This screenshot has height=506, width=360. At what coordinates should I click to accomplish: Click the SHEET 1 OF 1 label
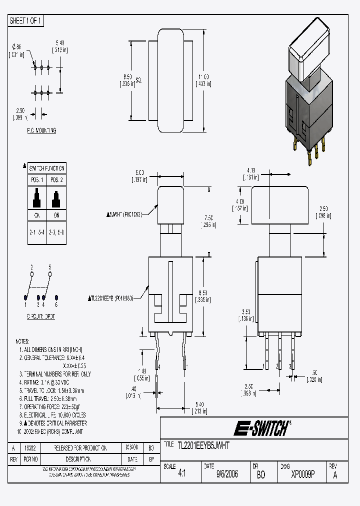(x=26, y=21)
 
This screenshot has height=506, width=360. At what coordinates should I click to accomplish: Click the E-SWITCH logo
(x=260, y=428)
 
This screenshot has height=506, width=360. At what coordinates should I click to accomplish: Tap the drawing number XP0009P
(x=302, y=474)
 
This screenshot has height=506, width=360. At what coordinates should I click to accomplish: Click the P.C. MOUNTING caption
(x=41, y=130)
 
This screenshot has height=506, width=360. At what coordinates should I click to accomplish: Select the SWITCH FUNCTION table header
(x=47, y=168)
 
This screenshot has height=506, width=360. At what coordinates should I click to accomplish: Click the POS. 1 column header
(x=37, y=180)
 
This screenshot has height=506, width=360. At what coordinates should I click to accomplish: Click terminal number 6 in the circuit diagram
(x=56, y=304)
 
